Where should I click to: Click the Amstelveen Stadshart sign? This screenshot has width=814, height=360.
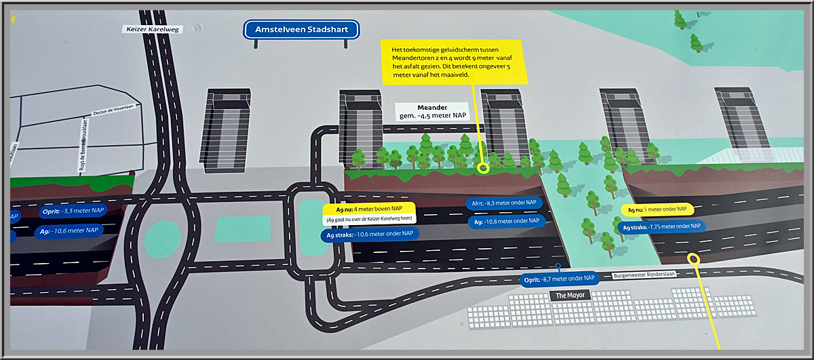point(302,30)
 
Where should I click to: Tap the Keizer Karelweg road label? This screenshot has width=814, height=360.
point(149,29)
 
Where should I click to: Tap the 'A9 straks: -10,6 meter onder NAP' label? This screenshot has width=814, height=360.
point(369,235)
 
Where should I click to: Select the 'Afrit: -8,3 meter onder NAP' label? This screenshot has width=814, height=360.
point(505,203)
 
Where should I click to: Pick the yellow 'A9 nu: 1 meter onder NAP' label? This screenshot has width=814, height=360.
point(657,209)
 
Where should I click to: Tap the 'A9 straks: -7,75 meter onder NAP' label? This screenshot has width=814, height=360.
point(661,228)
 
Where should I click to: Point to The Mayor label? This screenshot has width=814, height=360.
point(569,296)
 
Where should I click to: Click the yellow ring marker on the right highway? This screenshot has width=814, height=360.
point(693,258)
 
